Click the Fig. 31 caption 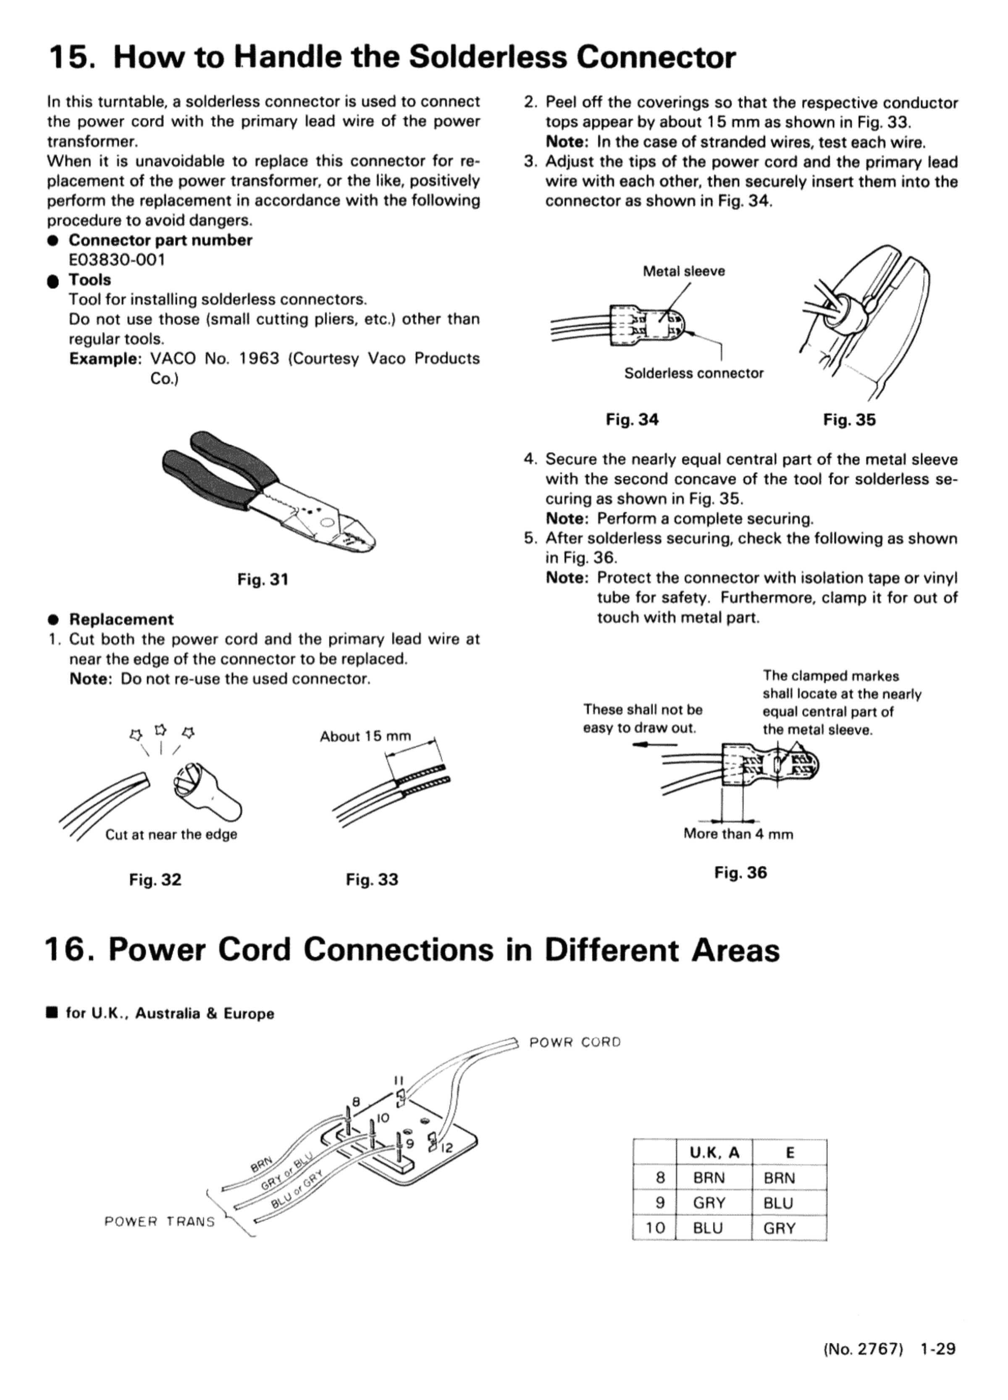[262, 580]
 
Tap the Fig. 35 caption [849, 420]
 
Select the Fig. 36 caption [740, 872]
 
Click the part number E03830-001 [117, 260]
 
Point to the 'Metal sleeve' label [684, 271]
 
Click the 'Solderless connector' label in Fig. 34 [693, 373]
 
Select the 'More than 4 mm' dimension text [738, 834]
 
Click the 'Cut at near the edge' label [171, 835]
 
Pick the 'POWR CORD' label [575, 1042]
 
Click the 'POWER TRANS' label [159, 1222]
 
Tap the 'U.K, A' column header [714, 1152]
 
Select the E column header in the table [789, 1152]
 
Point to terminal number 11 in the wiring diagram [399, 1080]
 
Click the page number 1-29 [937, 1349]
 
